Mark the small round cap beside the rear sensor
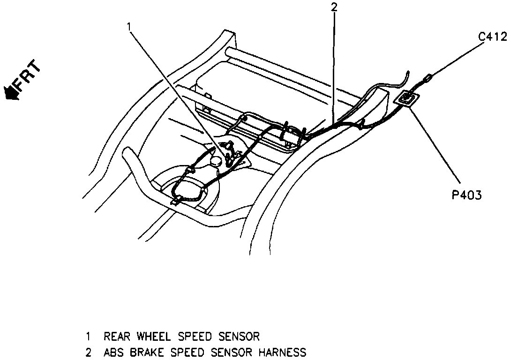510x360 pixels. [217, 161]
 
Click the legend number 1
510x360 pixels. [88, 336]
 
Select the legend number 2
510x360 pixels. [88, 352]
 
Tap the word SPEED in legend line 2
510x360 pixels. [187, 352]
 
